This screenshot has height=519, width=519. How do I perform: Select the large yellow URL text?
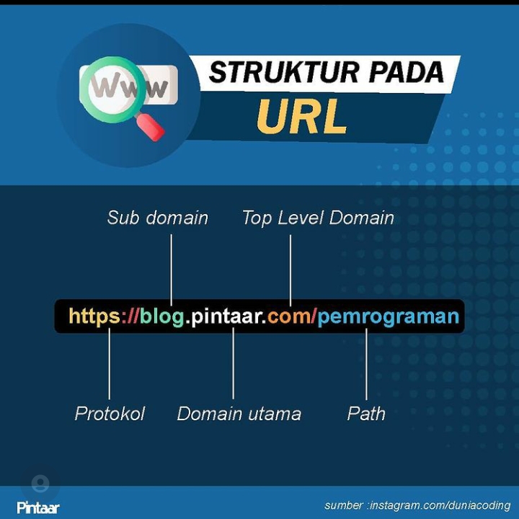point(302,117)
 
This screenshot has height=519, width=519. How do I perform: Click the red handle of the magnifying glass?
point(151,127)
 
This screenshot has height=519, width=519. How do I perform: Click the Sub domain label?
point(157,218)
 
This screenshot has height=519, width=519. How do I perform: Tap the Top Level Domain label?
point(318,218)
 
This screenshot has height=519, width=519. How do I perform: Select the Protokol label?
point(110,414)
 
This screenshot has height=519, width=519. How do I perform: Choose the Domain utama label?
point(239,414)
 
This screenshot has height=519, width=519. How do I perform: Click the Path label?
point(366,414)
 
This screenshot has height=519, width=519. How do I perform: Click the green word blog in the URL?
point(162,316)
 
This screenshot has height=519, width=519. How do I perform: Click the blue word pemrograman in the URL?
point(389,316)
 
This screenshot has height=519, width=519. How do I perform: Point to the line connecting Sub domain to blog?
point(171,267)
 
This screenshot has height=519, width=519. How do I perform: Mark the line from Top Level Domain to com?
point(290,267)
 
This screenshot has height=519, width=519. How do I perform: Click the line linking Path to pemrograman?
point(366,364)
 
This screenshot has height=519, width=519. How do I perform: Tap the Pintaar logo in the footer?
point(38,507)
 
